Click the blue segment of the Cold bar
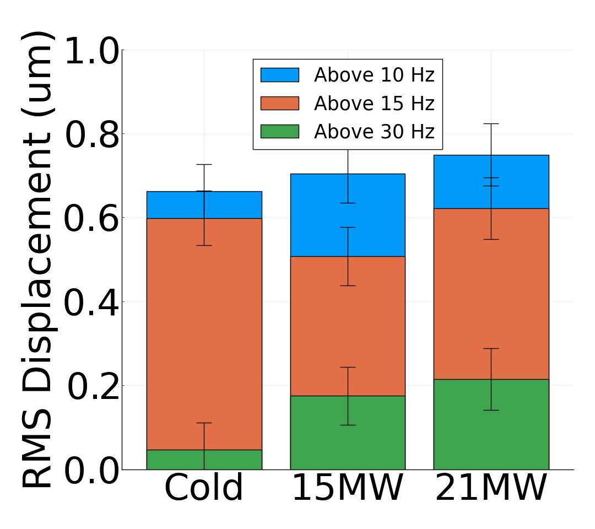coord(176,205)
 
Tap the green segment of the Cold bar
coord(176,460)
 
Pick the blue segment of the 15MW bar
coord(320,215)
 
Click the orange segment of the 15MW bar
coord(320,326)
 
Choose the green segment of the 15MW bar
coord(320,433)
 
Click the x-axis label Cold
coord(204,488)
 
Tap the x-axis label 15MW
coord(347,488)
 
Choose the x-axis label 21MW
coord(491,488)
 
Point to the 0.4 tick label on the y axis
coord(91,303)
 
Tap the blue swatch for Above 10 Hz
coord(280,75)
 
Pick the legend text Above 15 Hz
coord(374,104)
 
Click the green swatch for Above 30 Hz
coord(280,131)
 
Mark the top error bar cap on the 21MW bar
coord(491,123)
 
